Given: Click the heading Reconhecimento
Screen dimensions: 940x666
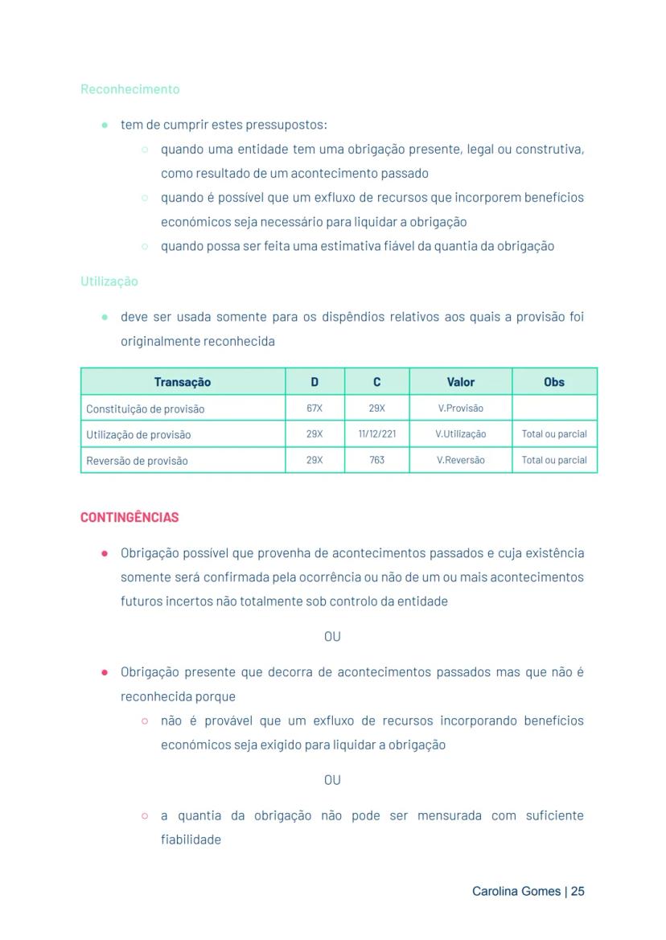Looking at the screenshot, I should click(x=129, y=89).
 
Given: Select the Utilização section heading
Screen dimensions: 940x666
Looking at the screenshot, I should click(x=109, y=281).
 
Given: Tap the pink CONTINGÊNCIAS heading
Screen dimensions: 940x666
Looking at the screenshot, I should click(x=129, y=517).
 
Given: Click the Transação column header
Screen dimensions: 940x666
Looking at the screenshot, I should click(x=183, y=382).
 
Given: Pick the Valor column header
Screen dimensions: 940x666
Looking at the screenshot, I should click(x=461, y=382).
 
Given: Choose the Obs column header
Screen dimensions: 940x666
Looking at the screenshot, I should click(x=554, y=382).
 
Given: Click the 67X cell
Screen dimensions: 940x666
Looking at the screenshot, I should click(x=314, y=408).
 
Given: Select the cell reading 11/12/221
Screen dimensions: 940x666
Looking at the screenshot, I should click(x=376, y=434).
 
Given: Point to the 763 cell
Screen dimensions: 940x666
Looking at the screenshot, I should click(x=376, y=460).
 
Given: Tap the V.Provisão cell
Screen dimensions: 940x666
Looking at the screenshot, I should click(x=461, y=408).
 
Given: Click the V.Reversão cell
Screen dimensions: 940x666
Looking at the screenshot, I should click(x=461, y=460).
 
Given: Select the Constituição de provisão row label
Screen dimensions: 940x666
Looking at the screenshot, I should click(x=145, y=409).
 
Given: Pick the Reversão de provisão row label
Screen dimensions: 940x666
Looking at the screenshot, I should click(x=137, y=461).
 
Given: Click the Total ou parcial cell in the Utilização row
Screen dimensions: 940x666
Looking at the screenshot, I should click(x=554, y=434).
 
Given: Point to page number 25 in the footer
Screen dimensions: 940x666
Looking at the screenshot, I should click(x=578, y=891).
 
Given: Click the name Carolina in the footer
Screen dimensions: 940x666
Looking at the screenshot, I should click(x=495, y=891).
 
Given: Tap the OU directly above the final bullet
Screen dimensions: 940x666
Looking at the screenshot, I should click(x=332, y=780).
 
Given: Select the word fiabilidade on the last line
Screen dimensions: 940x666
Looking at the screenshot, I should click(x=191, y=839).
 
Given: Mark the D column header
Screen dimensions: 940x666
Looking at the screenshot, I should click(x=314, y=382).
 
